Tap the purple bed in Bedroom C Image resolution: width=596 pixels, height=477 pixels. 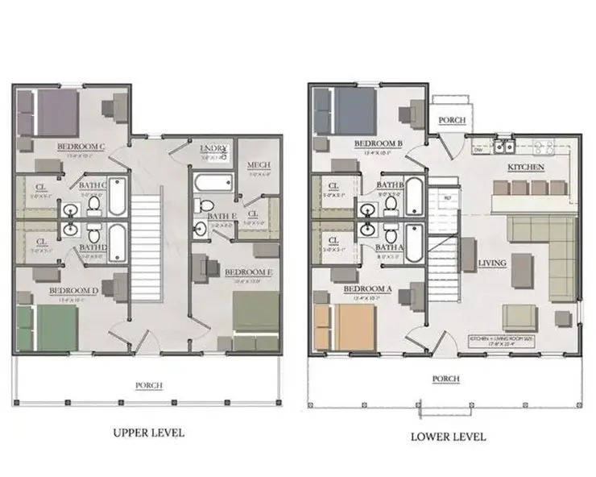tap(54, 108)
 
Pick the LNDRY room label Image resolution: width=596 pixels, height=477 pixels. tap(215, 148)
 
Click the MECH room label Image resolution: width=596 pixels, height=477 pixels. tap(258, 166)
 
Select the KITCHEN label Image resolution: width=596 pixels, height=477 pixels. tap(526, 167)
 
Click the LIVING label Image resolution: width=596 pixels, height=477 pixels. tap(491, 263)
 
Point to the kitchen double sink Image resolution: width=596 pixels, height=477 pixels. tap(505, 147)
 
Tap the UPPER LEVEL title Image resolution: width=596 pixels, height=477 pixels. tap(148, 433)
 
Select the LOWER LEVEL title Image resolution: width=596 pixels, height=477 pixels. tap(449, 437)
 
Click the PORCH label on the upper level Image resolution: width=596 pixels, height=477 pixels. tap(150, 385)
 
